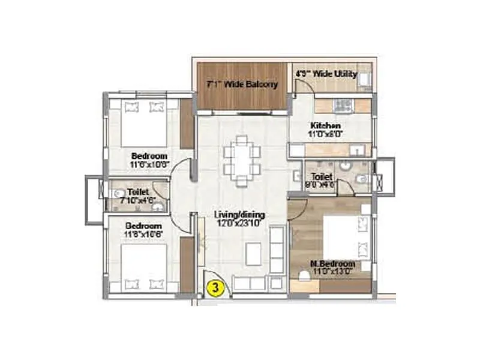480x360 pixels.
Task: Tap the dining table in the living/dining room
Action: [242, 159]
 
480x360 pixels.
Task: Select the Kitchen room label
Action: [326, 125]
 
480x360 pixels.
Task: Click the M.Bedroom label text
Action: [333, 263]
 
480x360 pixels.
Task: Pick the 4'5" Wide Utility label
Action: [326, 74]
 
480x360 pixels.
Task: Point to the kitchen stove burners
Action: [343, 106]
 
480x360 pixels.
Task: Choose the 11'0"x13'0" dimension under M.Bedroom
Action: [333, 271]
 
